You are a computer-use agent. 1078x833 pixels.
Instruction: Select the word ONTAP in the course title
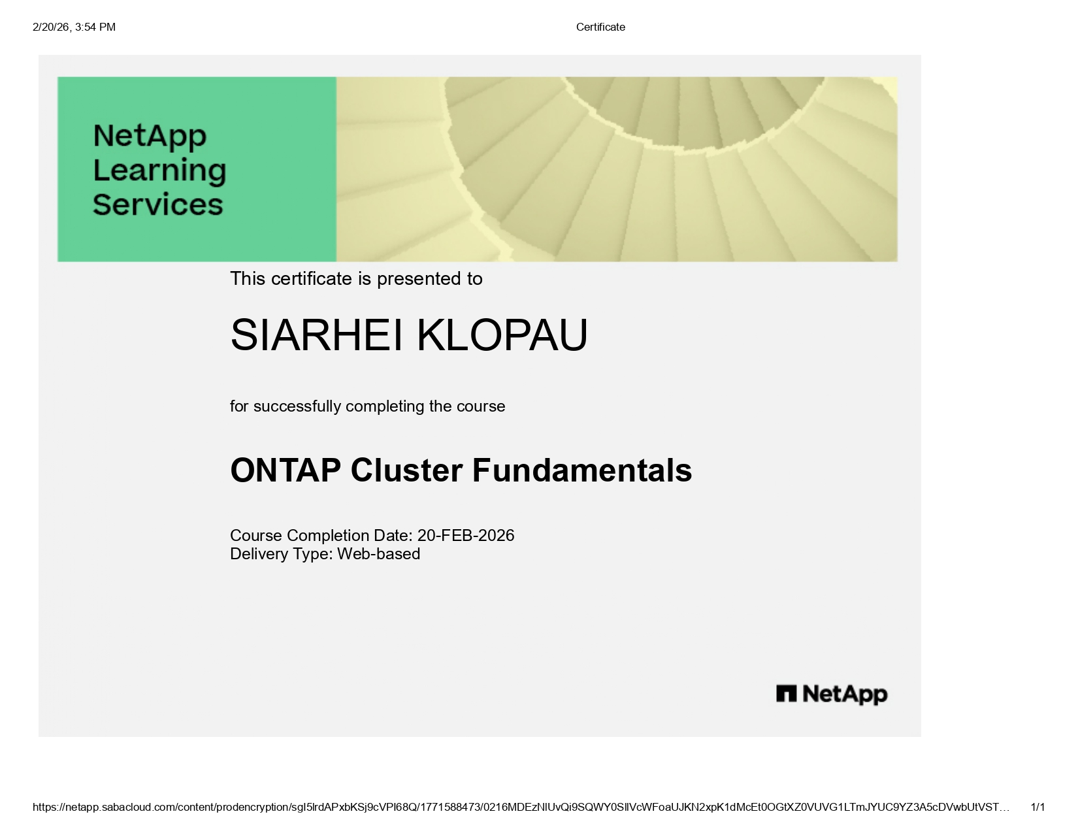pyautogui.click(x=286, y=470)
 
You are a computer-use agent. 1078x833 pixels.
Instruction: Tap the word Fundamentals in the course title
pyautogui.click(x=581, y=470)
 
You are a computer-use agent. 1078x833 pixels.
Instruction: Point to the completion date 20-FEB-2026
pyautogui.click(x=466, y=536)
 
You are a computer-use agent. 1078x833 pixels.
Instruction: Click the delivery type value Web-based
pyautogui.click(x=378, y=554)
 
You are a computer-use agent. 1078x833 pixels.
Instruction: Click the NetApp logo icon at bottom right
pyautogui.click(x=786, y=693)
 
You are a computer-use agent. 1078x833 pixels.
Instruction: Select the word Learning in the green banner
pyautogui.click(x=159, y=170)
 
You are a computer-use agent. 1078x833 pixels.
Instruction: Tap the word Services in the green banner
pyautogui.click(x=158, y=204)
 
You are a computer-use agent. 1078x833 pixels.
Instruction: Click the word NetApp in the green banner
pyautogui.click(x=150, y=136)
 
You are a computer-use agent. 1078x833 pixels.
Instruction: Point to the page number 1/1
pyautogui.click(x=1037, y=808)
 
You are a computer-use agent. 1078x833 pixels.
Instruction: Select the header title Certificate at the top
pyautogui.click(x=600, y=27)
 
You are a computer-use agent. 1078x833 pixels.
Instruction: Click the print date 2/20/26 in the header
pyautogui.click(x=51, y=27)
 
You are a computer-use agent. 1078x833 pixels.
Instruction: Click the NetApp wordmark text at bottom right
pyautogui.click(x=845, y=694)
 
